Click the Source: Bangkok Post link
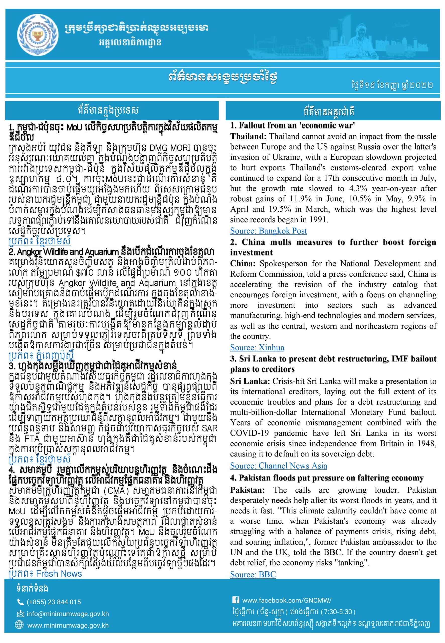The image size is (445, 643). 268,231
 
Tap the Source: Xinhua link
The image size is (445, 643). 257,347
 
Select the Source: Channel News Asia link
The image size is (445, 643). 278,466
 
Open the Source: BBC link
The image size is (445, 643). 253,574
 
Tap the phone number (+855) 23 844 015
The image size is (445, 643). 53,602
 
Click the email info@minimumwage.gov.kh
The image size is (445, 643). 68,614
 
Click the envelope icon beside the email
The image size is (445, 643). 20,614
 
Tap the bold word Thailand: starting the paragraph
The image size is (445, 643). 248,137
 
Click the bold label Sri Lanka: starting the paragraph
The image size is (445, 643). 250,381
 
